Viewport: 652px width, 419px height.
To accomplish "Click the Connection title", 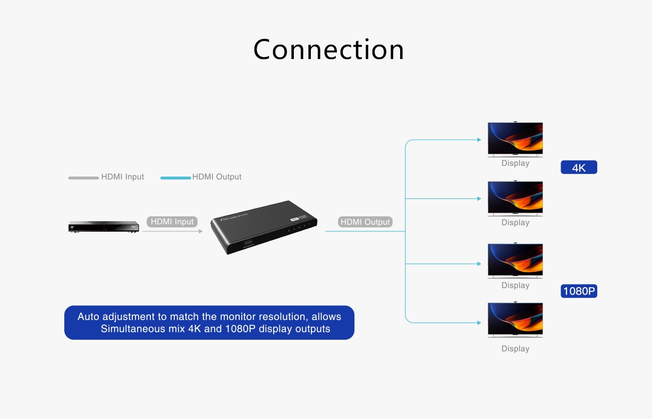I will point(328,49).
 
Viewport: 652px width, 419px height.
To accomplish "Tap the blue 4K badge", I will point(579,167).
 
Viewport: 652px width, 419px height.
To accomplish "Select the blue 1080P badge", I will point(579,291).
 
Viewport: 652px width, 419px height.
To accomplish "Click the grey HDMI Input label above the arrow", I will point(172,222).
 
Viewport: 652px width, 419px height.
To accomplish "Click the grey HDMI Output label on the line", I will point(365,222).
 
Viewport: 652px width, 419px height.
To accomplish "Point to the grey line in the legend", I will point(84,178).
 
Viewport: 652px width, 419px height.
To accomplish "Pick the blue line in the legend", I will point(175,178).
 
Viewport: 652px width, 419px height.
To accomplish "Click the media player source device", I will point(104,227).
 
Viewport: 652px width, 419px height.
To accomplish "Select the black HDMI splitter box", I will point(264,226).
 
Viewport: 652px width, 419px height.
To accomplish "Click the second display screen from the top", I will point(515,198).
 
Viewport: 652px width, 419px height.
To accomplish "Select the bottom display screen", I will point(515,320).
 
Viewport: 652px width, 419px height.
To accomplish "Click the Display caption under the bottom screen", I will point(515,349).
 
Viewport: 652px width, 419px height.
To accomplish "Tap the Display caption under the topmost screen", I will point(515,163).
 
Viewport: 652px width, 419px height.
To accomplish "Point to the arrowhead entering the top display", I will point(478,140).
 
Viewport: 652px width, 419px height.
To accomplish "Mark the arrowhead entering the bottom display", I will point(478,323).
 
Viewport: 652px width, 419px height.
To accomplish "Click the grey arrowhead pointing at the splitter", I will point(200,231).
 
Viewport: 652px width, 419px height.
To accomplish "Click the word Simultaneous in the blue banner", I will point(133,329).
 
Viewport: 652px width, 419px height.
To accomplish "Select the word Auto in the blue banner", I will point(88,317).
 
